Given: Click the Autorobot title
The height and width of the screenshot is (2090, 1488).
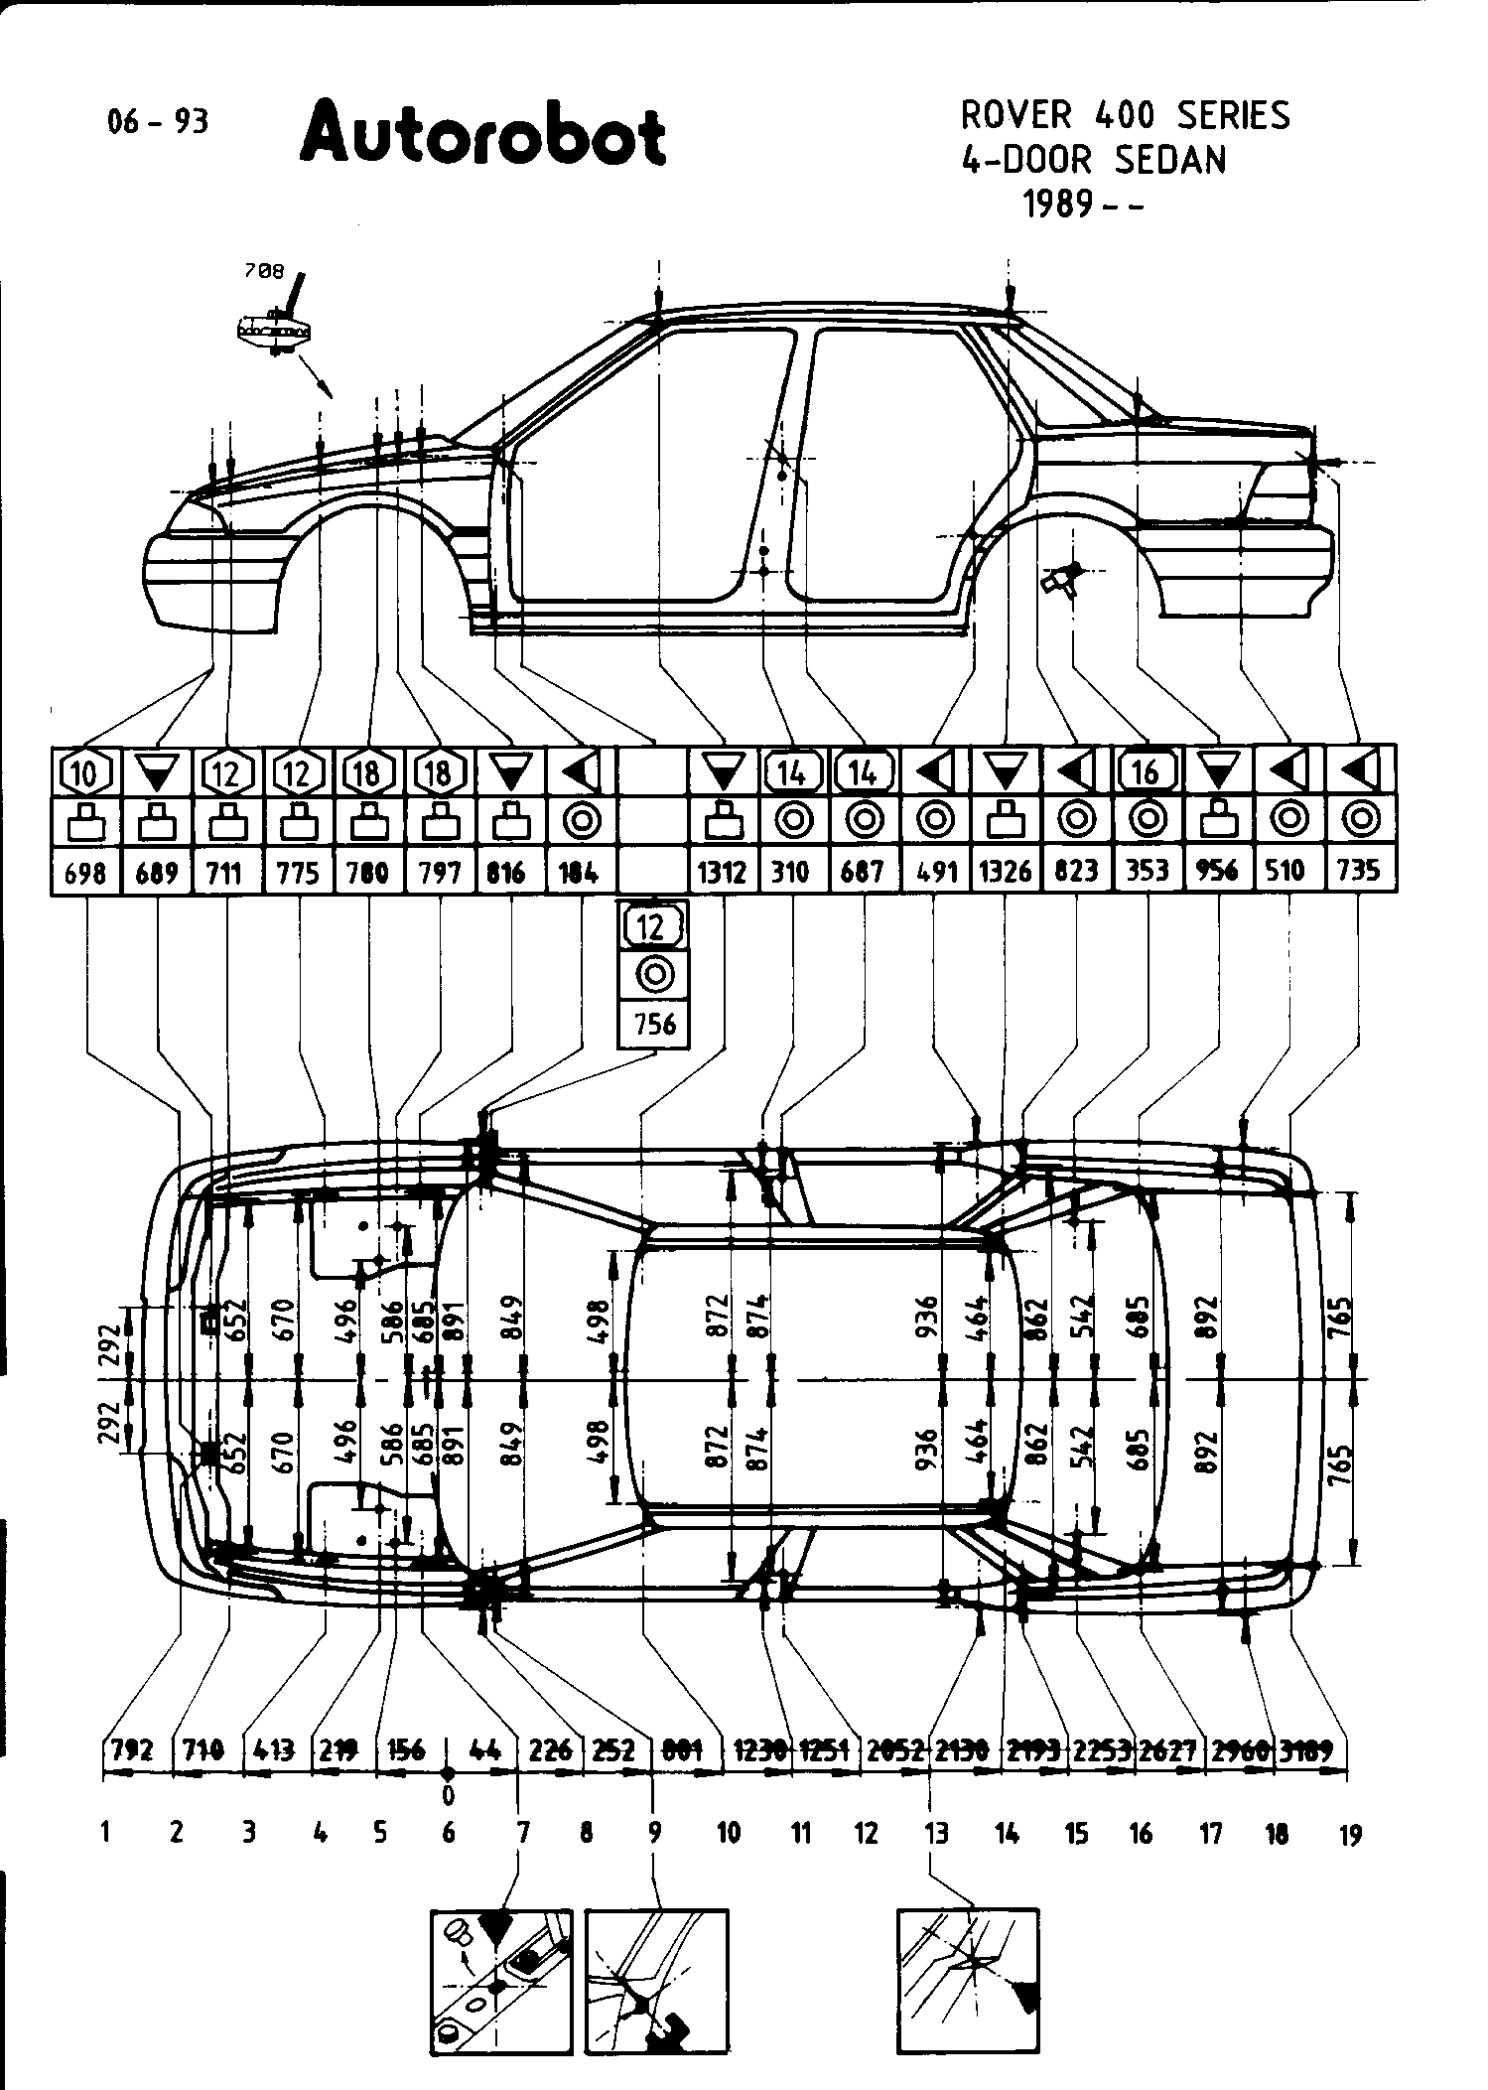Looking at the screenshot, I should [x=482, y=135].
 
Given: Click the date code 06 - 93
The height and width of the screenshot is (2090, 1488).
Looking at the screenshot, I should [x=158, y=121].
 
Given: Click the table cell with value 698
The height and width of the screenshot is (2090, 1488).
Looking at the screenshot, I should [x=85, y=873].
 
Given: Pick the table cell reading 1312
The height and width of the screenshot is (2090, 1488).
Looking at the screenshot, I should [x=722, y=873].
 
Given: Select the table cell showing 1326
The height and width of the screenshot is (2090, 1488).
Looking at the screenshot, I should [x=1006, y=873].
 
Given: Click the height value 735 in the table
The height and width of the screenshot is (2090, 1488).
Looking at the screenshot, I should [x=1359, y=871].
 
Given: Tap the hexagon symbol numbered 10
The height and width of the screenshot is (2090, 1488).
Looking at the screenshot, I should [x=85, y=771].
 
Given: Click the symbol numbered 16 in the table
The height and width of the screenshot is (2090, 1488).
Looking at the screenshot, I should [x=1147, y=770].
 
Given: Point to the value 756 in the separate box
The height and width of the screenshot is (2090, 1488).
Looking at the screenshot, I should [x=653, y=1024].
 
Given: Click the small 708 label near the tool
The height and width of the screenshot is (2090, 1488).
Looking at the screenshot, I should [x=262, y=270].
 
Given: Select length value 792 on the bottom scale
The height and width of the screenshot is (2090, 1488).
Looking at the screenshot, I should [x=132, y=1749].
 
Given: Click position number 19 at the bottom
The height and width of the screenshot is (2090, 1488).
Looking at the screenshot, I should [x=1350, y=1835].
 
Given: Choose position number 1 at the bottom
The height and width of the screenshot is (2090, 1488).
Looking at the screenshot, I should [x=105, y=1833].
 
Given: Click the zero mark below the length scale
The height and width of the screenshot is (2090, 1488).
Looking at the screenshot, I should [x=448, y=1794].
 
